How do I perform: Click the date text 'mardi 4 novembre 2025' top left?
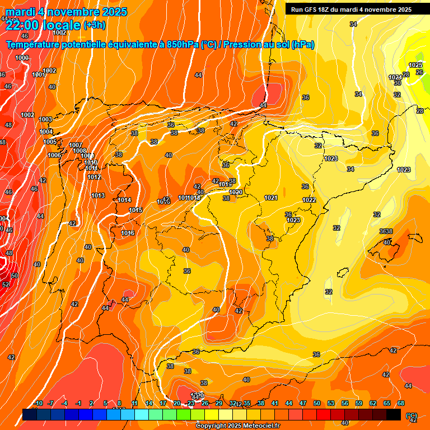[x=66, y=12]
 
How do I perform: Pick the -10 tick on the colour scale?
[x=38, y=404]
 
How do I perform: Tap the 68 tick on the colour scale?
[x=401, y=404]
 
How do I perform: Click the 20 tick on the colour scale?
[x=177, y=404]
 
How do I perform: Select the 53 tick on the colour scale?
[x=331, y=404]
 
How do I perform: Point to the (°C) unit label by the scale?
[x=411, y=416]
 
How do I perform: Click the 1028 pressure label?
[x=331, y=158]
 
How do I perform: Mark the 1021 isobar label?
[x=271, y=198]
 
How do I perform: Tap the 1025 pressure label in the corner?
[x=415, y=66]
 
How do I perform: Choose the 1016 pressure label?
[x=128, y=233]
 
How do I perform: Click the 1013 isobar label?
[x=99, y=195]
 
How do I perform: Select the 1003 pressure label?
[x=45, y=119]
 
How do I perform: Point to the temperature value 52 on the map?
[x=6, y=284]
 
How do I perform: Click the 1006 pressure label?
[x=54, y=155]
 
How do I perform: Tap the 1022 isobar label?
[x=309, y=200]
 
